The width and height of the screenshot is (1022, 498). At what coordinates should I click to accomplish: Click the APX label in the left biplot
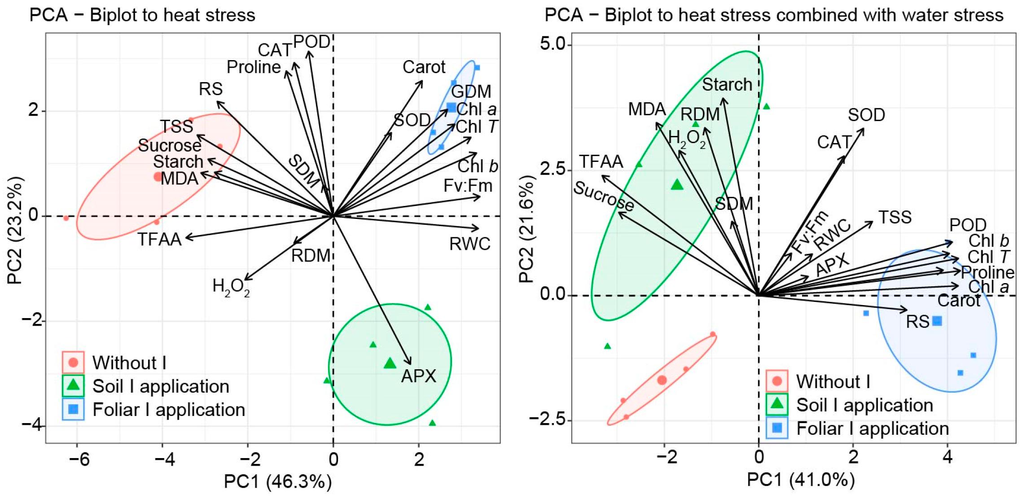[x=418, y=376]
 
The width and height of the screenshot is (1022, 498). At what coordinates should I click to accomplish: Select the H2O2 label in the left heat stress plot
[x=231, y=287]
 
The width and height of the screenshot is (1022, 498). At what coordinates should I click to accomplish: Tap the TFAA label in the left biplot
[x=159, y=240]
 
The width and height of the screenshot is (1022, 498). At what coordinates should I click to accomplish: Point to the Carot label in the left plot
[x=424, y=67]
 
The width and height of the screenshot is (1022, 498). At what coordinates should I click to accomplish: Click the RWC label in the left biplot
[x=470, y=244]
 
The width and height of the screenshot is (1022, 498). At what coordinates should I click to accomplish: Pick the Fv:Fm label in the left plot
[x=468, y=186]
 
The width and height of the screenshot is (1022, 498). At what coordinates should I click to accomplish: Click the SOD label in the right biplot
[x=866, y=115]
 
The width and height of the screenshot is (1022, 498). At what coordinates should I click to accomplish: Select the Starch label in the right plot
[x=727, y=85]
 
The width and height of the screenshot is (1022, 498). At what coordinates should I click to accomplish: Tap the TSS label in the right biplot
[x=895, y=218]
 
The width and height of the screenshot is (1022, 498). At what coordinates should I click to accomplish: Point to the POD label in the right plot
[x=968, y=225]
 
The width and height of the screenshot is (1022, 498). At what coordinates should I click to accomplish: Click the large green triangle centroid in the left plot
[x=390, y=363]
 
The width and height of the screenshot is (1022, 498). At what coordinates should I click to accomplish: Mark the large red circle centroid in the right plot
[x=662, y=380]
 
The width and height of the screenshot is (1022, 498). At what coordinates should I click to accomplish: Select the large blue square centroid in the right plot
[x=937, y=321]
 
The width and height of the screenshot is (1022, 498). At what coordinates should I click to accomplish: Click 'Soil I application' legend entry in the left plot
[x=161, y=386]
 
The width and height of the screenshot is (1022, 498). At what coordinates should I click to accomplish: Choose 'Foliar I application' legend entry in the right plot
[x=872, y=428]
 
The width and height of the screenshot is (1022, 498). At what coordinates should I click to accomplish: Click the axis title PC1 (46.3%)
[x=278, y=481]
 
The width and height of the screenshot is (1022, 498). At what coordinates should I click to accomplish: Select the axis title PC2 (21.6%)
[x=527, y=229]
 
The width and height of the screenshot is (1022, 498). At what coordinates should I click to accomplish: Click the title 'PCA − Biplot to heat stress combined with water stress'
[x=774, y=15]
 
